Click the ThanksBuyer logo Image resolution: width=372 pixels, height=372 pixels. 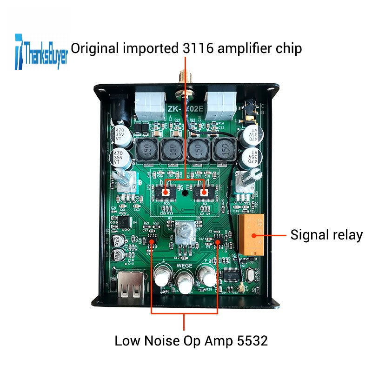41,51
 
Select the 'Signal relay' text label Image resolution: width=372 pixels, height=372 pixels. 326,235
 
